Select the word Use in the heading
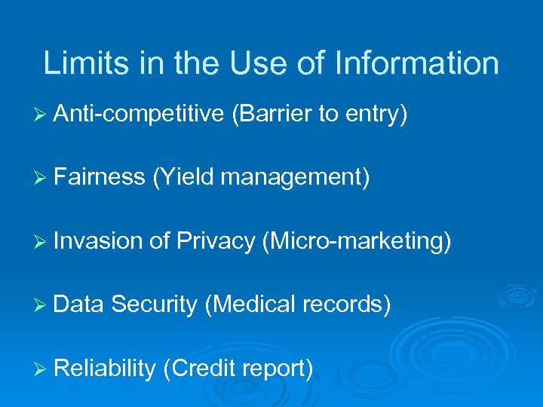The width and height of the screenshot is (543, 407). click(x=267, y=63)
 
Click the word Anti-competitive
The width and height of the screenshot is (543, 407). click(x=139, y=115)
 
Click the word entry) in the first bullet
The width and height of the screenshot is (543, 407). click(x=377, y=115)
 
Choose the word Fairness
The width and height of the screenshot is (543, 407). click(x=99, y=177)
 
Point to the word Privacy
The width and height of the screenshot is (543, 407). click(x=216, y=242)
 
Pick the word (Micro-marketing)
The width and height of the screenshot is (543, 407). click(x=357, y=241)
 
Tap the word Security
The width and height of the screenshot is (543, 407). click(x=154, y=305)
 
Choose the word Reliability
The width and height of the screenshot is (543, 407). click(x=105, y=369)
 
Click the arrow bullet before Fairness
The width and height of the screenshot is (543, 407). click(x=41, y=178)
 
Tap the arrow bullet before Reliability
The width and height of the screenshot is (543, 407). click(x=41, y=369)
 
